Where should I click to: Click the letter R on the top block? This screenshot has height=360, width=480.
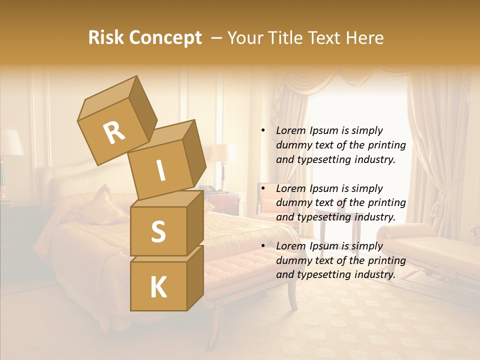[x=114, y=132]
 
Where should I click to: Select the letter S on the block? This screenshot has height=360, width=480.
[x=158, y=231]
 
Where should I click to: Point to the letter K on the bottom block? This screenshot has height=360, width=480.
[x=158, y=287]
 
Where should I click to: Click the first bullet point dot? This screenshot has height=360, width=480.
[x=263, y=130]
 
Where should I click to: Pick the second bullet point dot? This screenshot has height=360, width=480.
[x=263, y=188]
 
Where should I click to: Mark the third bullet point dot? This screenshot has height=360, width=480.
[x=263, y=246]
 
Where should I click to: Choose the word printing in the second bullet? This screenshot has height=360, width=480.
[x=386, y=202]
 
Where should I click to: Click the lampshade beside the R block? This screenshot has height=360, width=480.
[x=222, y=153]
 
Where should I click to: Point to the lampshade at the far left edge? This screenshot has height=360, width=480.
[x=10, y=142]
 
